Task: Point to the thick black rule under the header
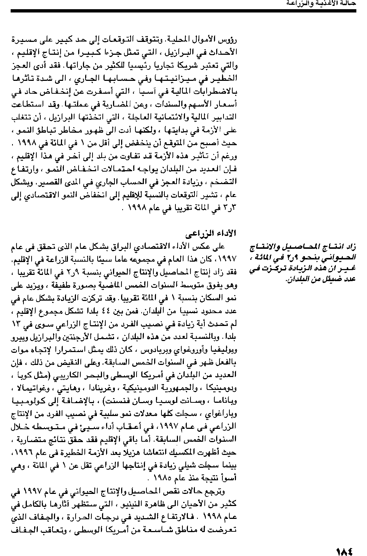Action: pyautogui.click(x=183, y=11)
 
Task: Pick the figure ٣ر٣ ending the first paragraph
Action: pyautogui.click(x=231, y=208)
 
